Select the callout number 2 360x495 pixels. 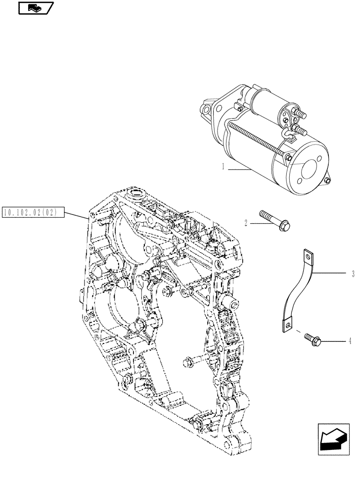245,224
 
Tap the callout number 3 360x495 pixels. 352,273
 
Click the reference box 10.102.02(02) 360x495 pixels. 31,213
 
